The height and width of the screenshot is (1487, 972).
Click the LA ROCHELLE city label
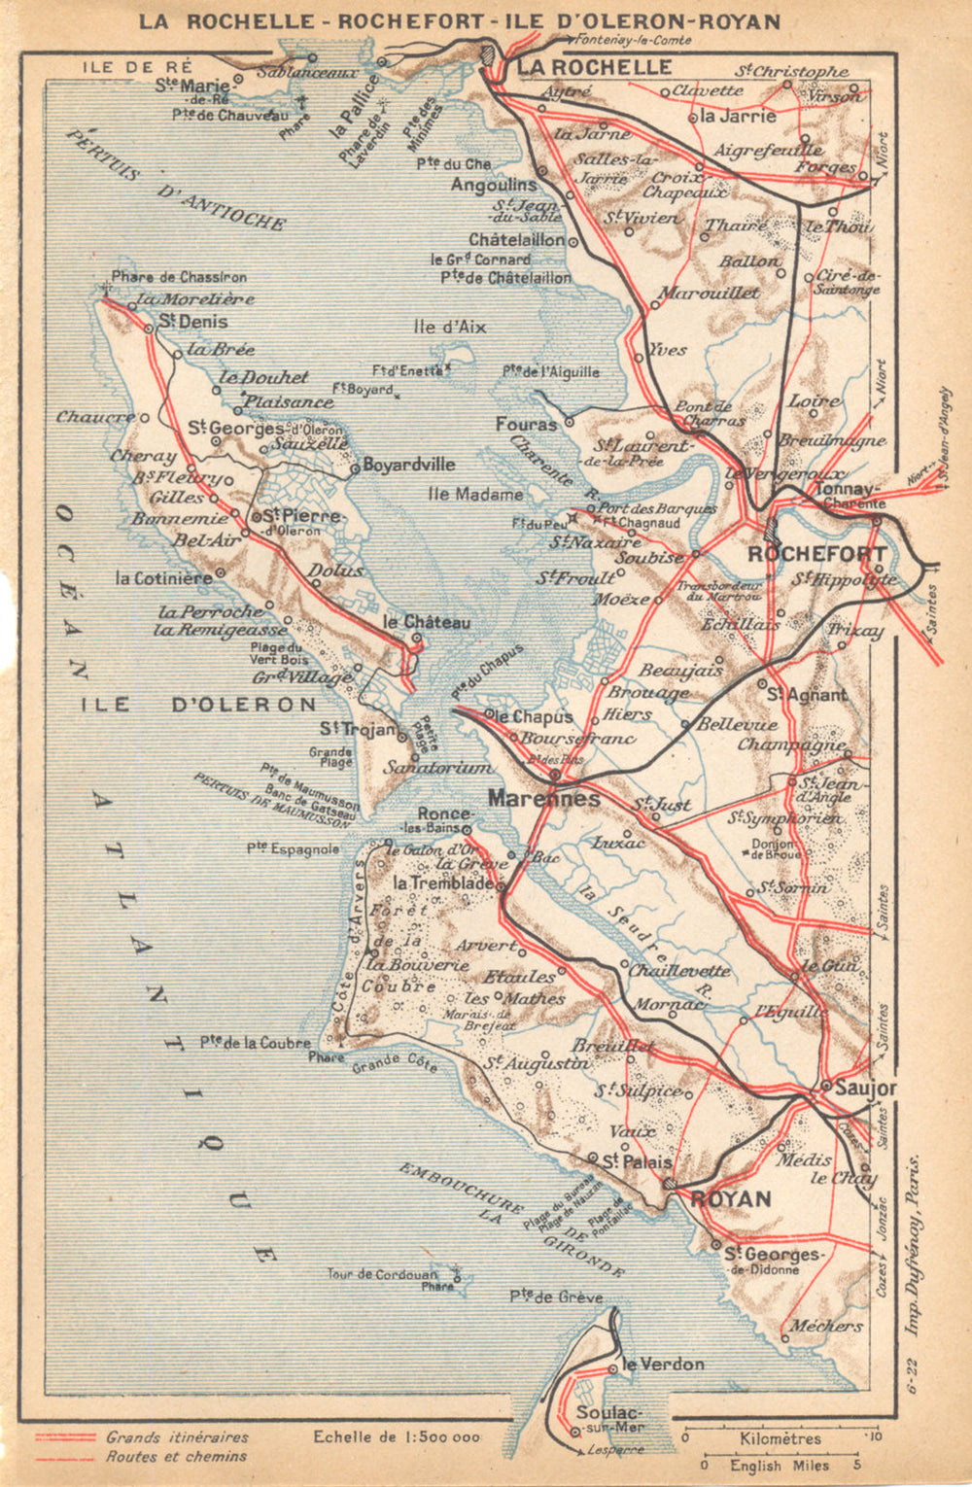[x=594, y=67]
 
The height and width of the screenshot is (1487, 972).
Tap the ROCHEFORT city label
[x=815, y=554]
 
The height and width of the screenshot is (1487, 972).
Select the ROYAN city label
[x=730, y=1198]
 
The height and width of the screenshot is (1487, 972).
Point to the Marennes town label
[x=543, y=799]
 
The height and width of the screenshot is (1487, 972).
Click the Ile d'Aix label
[x=449, y=328]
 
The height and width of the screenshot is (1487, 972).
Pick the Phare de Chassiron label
[x=179, y=277]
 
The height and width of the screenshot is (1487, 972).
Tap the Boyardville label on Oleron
[x=408, y=466]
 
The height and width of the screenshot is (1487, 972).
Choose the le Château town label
[x=426, y=622]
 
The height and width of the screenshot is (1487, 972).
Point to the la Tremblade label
[x=443, y=883]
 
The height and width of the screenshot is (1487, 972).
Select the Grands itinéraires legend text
[x=177, y=1436]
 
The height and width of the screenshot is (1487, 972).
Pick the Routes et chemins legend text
[x=176, y=1456]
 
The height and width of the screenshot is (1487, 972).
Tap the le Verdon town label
[x=663, y=1365]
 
